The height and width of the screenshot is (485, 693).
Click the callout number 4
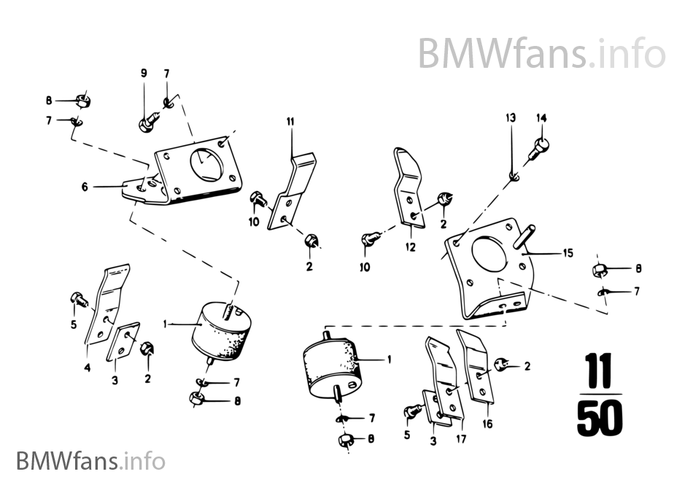point(87,368)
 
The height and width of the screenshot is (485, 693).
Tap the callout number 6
point(85,187)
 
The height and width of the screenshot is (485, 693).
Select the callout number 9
point(144,72)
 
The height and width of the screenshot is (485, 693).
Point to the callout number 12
point(411,247)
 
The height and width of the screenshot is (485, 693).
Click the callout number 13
point(511,117)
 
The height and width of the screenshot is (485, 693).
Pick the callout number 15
point(568,253)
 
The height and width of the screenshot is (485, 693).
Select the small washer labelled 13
point(514,174)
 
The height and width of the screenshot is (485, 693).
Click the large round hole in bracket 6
point(206,163)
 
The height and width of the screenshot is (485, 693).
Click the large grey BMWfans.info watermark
point(541,53)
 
